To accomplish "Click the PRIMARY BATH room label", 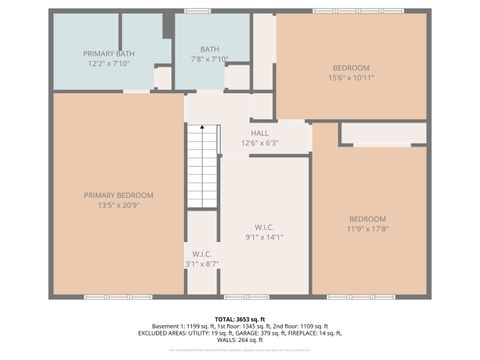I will click(x=109, y=53).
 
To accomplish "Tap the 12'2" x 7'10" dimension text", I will click(x=109, y=62).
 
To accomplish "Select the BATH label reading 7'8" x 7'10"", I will click(x=209, y=49).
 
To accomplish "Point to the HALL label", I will click(x=260, y=133).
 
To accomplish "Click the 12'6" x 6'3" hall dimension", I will click(x=260, y=142).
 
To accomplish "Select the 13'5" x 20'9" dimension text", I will click(x=118, y=205).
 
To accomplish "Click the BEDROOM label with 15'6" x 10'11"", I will click(x=351, y=68).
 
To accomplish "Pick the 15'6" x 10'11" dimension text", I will click(x=351, y=78).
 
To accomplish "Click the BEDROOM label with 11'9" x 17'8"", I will click(x=367, y=219).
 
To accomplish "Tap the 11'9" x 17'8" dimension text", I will click(x=367, y=229).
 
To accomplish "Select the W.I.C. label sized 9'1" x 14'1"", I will click(x=264, y=227).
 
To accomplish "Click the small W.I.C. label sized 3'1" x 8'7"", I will click(x=202, y=254).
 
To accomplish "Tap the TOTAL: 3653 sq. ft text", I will click(x=239, y=318).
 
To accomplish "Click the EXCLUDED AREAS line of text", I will click(x=239, y=333).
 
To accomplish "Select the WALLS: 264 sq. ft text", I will click(x=240, y=340).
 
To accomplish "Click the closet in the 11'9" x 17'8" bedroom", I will click(x=384, y=133).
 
